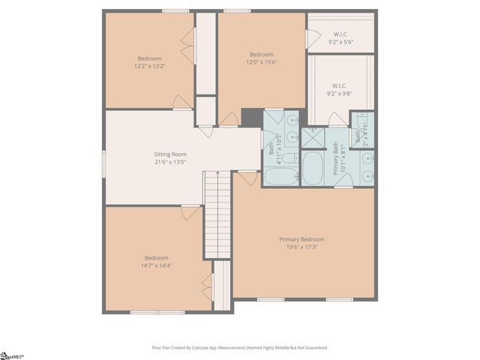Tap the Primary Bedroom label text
click(302, 239)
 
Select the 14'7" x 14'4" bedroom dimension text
click(156, 265)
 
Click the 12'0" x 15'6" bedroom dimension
click(262, 62)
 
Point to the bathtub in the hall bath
click(281, 176)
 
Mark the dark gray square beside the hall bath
click(251, 118)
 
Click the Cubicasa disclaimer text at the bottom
click(240, 347)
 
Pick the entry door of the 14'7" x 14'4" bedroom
click(191, 212)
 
